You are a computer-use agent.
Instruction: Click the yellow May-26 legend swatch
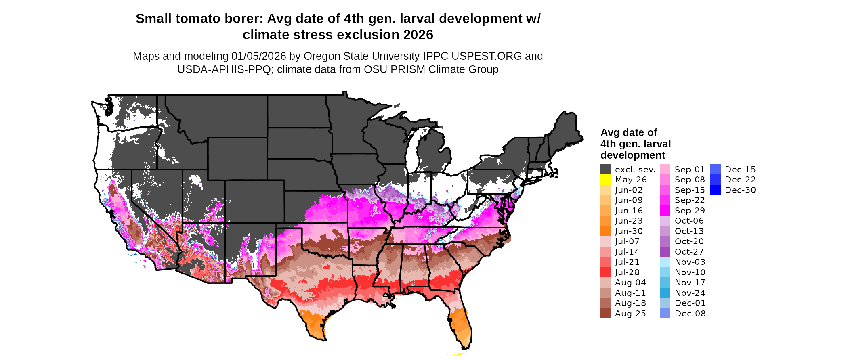click(x=605, y=180)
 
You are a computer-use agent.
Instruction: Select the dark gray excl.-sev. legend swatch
click(x=605, y=170)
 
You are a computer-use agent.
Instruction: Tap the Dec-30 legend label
click(x=740, y=190)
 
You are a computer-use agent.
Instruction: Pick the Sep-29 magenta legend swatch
click(x=665, y=211)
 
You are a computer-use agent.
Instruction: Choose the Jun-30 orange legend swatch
click(x=605, y=231)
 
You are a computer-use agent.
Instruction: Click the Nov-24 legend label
click(x=690, y=293)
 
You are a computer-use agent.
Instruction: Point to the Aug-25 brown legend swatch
click(x=605, y=314)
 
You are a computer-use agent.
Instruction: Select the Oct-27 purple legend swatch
click(x=665, y=252)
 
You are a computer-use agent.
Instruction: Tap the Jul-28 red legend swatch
click(x=605, y=272)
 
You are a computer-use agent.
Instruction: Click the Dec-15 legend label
click(x=740, y=170)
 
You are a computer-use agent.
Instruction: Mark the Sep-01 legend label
click(x=690, y=170)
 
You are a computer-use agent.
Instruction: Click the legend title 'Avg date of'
click(x=628, y=132)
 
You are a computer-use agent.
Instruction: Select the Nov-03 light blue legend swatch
click(x=665, y=262)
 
